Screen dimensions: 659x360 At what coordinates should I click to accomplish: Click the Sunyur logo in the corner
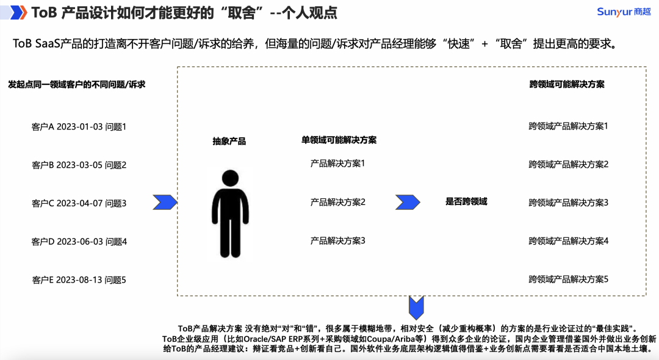coord(624,12)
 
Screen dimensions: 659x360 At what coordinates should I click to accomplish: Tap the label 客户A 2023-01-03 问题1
coord(79,127)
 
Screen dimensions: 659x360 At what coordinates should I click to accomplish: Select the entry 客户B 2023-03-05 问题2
coord(79,165)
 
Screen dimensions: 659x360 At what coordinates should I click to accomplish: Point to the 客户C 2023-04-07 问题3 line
coord(79,203)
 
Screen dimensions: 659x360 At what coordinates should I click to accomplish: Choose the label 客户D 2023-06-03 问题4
coord(79,242)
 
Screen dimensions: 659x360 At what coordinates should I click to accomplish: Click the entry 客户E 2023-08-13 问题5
coord(79,280)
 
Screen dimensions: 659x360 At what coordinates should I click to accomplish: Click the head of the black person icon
coord(230,178)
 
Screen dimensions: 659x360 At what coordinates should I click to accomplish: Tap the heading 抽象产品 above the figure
coord(229,141)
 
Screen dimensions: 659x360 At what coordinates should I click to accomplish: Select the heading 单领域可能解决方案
coord(339,140)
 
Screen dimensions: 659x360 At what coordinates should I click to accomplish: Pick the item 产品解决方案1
coord(337,164)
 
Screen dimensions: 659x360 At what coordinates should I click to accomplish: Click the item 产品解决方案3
coord(337,240)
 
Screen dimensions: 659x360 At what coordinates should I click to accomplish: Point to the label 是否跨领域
coord(466,201)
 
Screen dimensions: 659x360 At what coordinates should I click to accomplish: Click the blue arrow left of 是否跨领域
coord(408,202)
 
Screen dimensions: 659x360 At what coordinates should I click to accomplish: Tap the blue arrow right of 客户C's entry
coord(165,202)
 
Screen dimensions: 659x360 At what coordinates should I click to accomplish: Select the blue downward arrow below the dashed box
coord(416,308)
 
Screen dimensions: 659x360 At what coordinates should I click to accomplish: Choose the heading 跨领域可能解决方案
coord(567,84)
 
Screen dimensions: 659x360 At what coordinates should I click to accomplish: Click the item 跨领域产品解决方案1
coord(568,126)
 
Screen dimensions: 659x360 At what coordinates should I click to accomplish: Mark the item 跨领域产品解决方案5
coord(568,279)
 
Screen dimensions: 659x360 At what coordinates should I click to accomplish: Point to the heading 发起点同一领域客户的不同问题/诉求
coord(76,84)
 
